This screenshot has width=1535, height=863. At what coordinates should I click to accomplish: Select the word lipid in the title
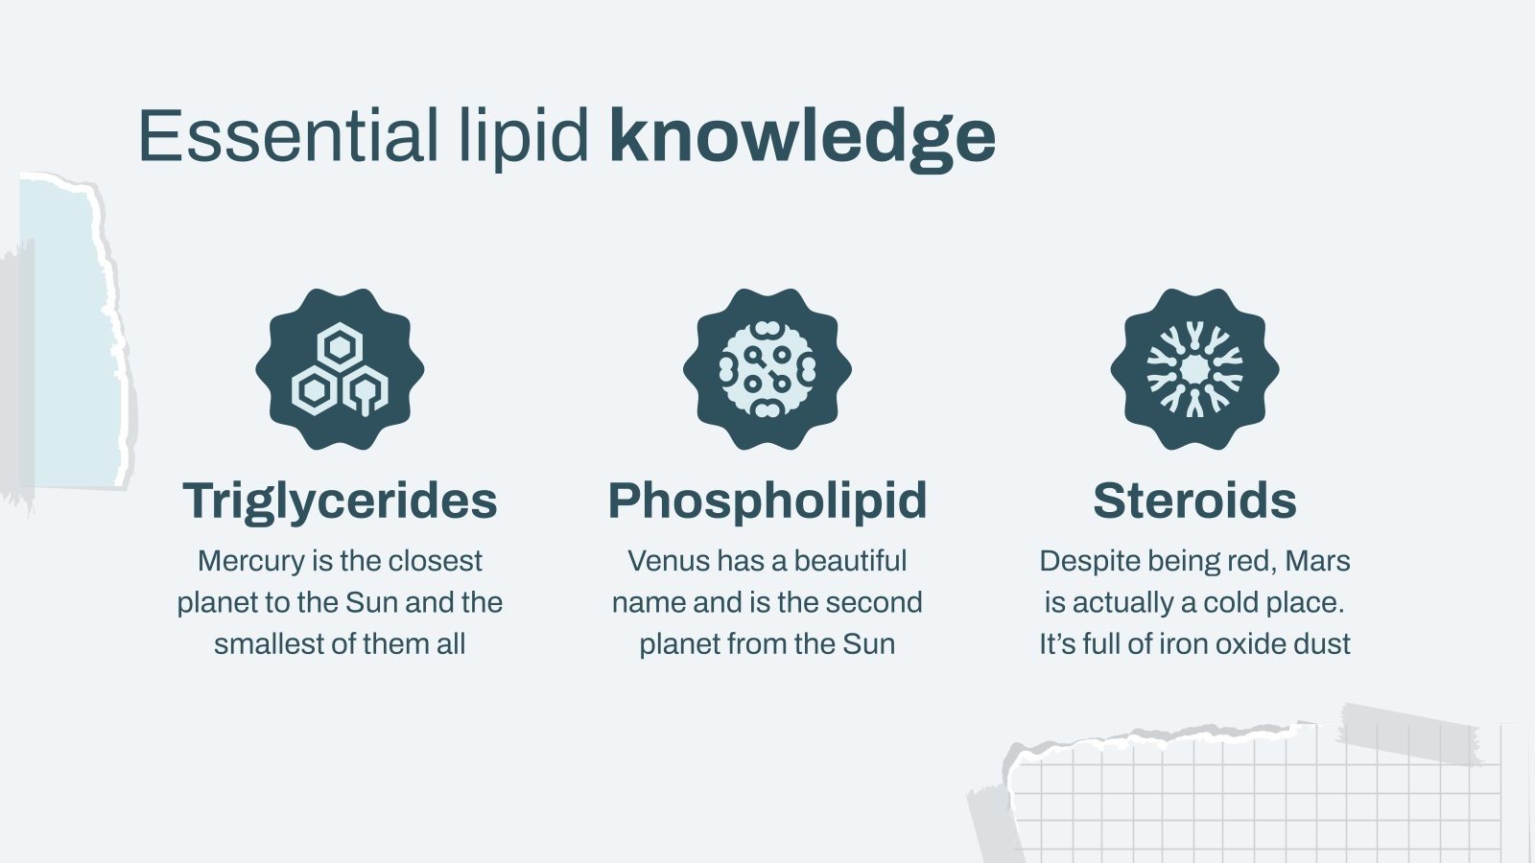(x=523, y=136)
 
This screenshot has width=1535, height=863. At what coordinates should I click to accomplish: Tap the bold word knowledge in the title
(x=802, y=136)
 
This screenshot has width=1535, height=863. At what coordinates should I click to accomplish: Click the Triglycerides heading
(x=340, y=501)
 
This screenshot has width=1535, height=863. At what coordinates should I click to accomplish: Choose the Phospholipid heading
(x=767, y=501)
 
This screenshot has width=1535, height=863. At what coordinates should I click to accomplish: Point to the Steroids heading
(x=1194, y=501)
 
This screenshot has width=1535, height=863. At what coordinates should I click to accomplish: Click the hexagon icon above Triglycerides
(x=340, y=369)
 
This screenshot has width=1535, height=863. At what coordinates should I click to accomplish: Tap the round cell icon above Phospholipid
(x=767, y=369)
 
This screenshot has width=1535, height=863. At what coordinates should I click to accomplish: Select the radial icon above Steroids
(x=1194, y=369)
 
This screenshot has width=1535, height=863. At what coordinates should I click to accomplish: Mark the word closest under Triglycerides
(x=436, y=561)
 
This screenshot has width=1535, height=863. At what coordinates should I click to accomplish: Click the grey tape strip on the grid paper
(x=1410, y=734)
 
